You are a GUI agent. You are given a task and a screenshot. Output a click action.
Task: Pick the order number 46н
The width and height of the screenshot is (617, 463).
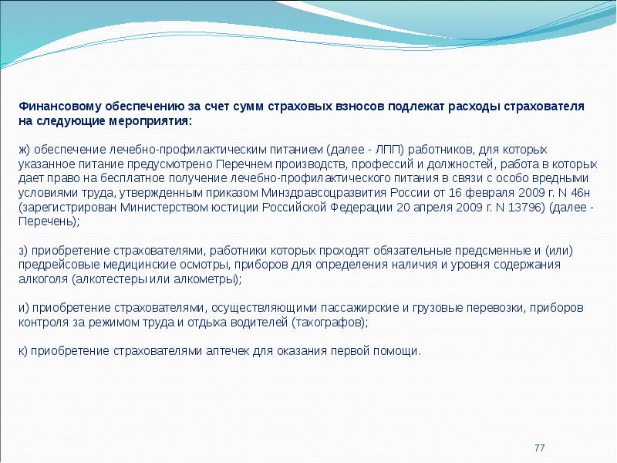point(579,193)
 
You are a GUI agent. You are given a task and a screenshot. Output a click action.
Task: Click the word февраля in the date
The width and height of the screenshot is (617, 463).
point(490,193)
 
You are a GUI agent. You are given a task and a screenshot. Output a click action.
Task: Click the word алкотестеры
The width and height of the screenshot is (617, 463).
point(110,279)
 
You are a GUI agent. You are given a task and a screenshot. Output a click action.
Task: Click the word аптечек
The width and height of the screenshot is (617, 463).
point(228,351)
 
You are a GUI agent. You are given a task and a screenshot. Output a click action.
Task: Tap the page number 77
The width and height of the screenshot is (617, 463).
point(539,448)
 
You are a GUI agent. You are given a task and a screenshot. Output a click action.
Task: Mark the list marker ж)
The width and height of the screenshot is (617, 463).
point(25,150)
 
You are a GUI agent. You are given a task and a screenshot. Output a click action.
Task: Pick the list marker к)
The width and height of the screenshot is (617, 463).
point(23,351)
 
